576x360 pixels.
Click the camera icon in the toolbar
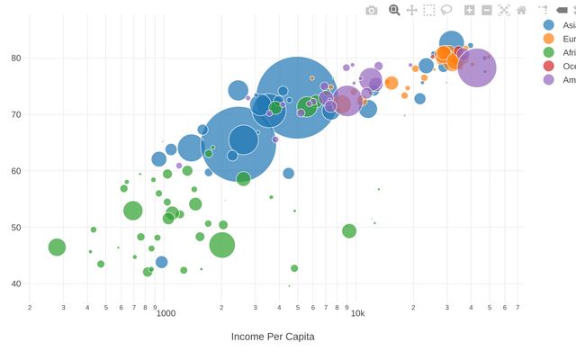point(372,10)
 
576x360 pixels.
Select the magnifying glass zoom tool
point(393,10)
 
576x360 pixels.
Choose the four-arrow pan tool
point(411,10)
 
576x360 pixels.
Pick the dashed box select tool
point(429,10)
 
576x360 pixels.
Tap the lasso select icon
point(446,10)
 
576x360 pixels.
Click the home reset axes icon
point(521,10)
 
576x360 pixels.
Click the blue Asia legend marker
point(549,25)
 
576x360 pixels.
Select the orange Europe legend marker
point(549,39)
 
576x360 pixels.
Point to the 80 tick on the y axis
point(17,58)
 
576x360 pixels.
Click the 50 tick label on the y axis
point(17,228)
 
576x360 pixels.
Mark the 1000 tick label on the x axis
point(165,314)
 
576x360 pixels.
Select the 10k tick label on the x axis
point(357,314)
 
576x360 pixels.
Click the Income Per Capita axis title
point(273,337)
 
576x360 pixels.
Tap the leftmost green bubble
point(57,247)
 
